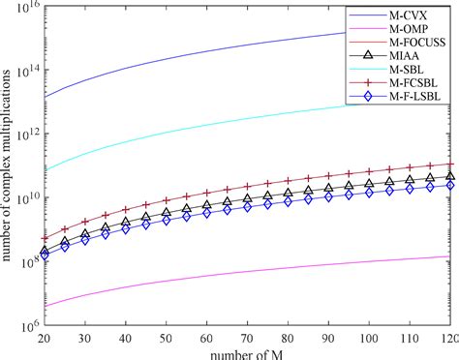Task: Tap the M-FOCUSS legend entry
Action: pos(411,46)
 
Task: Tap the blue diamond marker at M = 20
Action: pos(45,255)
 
